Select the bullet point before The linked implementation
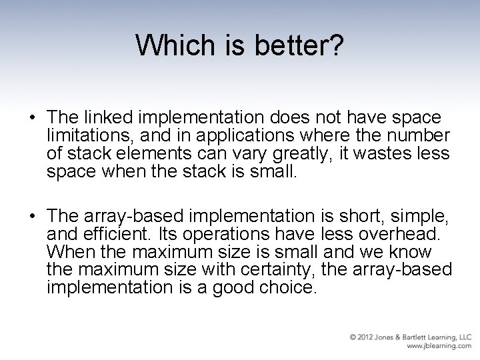pyautogui.click(x=32, y=119)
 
